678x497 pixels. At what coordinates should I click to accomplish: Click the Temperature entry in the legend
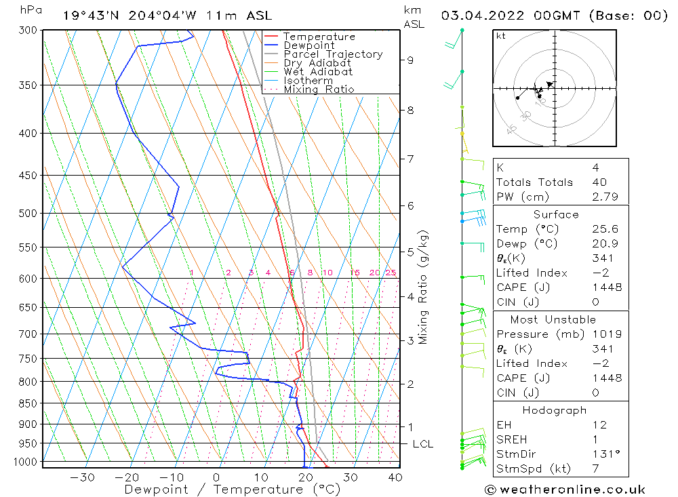(x=319, y=37)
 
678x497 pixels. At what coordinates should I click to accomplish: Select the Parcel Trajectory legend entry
(x=333, y=54)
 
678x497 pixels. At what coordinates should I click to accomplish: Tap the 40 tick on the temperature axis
(x=395, y=477)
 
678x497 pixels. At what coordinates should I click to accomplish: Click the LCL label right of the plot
(x=422, y=444)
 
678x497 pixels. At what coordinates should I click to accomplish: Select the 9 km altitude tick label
(x=410, y=60)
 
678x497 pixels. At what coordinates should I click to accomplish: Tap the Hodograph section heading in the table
(x=554, y=410)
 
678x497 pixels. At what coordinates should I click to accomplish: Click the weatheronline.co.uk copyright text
(x=565, y=490)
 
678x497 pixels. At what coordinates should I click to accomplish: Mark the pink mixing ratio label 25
(x=391, y=273)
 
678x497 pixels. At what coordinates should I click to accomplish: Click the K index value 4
(x=595, y=167)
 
